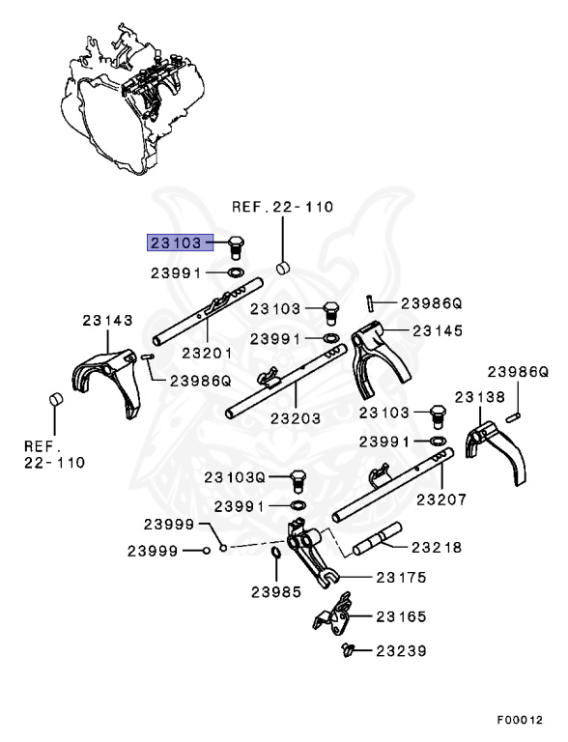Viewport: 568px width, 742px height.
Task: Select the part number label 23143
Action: click(107, 320)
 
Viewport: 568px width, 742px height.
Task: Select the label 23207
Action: click(441, 499)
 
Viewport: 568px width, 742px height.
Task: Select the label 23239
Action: click(402, 651)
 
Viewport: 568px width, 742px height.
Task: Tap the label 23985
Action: click(276, 591)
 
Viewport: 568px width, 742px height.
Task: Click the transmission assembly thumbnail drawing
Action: click(126, 97)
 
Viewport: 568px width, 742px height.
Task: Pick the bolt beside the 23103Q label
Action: click(298, 478)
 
